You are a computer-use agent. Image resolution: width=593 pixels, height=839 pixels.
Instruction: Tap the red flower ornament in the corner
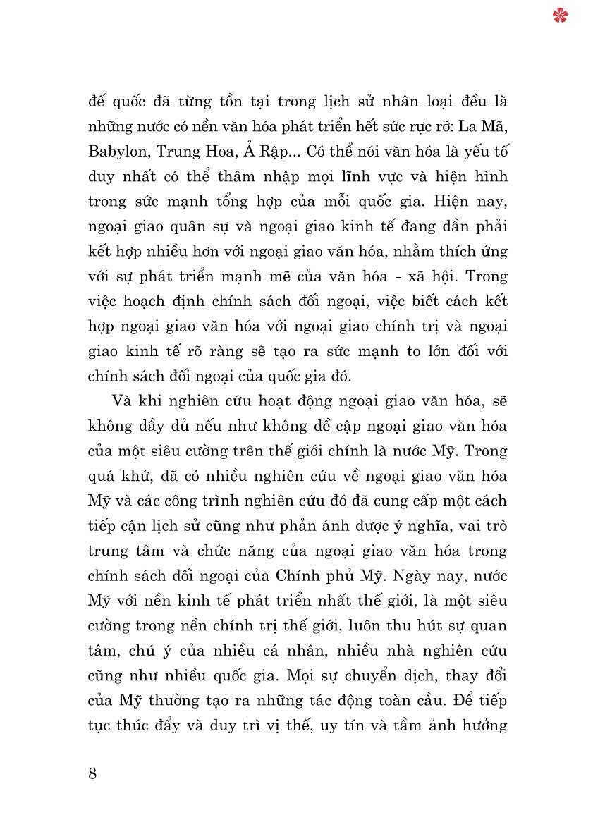point(561,15)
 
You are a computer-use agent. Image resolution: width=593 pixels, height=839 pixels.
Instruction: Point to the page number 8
point(93,773)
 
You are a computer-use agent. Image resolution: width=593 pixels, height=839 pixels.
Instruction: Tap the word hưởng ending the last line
point(482,725)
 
